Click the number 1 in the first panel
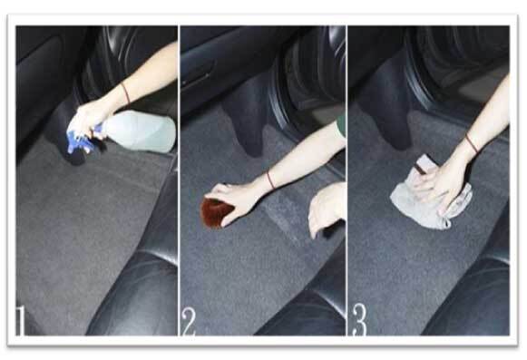tap(20, 320)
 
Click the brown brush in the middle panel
tap(217, 212)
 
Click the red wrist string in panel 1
tap(126, 93)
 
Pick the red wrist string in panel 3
tap(472, 143)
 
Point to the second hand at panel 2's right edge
tap(327, 209)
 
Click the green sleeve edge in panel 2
tap(341, 125)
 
